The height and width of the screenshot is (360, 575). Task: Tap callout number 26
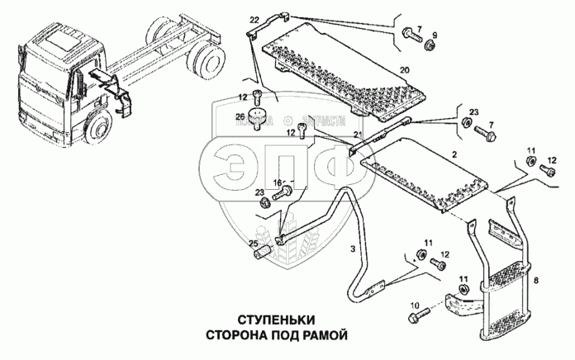point(241,116)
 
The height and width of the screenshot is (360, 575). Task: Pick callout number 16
point(278,182)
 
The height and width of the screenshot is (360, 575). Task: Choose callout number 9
point(436,34)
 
